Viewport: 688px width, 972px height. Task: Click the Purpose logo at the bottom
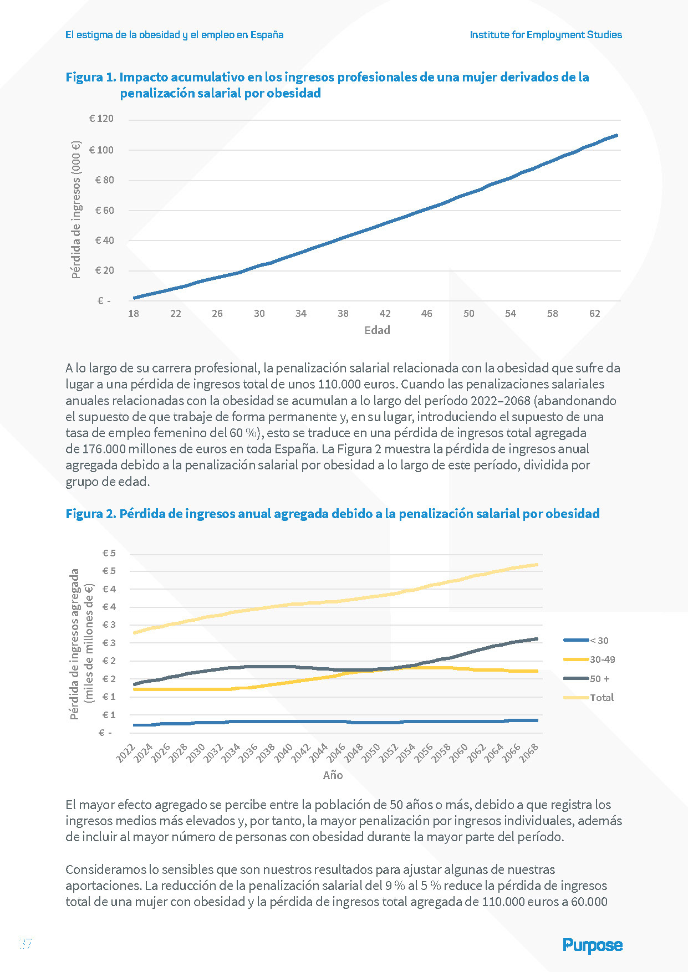[x=592, y=945]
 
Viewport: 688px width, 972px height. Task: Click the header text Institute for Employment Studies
[x=546, y=35]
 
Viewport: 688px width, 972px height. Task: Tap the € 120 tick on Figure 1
[x=101, y=119]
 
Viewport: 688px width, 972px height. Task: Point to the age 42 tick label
[x=385, y=314]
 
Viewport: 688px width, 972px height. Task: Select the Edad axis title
[x=377, y=330]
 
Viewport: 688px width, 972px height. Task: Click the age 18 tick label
[x=134, y=314]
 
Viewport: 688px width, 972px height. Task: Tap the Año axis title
[x=333, y=775]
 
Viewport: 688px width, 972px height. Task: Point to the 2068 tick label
[x=529, y=754]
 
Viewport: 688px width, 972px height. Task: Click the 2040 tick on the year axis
[x=284, y=754]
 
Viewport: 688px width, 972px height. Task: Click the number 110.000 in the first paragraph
[x=339, y=384]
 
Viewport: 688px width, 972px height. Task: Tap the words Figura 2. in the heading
[x=90, y=514]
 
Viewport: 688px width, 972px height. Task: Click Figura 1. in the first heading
[x=90, y=77]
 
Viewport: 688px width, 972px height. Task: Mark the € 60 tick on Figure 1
[x=104, y=211]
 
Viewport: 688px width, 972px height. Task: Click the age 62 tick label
[x=594, y=314]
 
